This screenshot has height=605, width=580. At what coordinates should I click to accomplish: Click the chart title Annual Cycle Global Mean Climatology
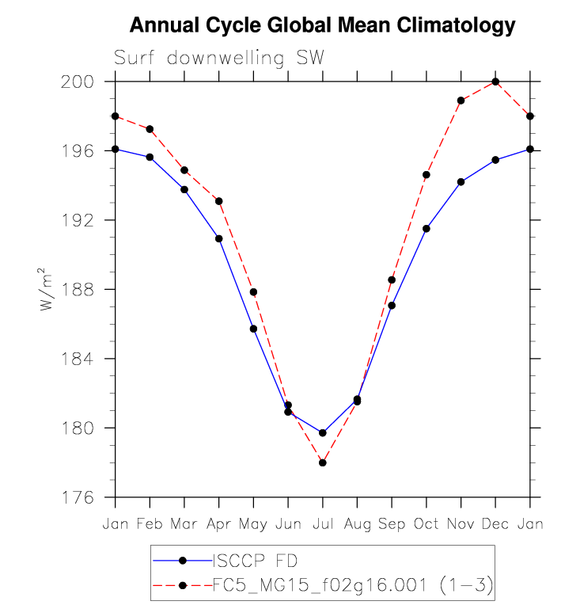[322, 25]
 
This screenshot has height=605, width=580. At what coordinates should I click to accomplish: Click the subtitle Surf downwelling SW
[219, 58]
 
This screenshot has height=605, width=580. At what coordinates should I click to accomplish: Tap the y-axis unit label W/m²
[48, 290]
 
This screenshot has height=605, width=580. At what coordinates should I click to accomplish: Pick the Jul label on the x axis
[323, 524]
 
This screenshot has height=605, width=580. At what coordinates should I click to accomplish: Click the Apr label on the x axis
[219, 524]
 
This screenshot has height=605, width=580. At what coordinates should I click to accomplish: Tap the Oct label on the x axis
[426, 524]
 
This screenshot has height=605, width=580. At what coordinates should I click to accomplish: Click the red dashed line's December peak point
[495, 82]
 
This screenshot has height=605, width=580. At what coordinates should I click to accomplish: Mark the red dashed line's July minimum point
[323, 462]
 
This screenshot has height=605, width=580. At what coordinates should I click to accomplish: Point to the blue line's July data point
[323, 432]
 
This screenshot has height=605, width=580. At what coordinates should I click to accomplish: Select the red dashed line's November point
[461, 101]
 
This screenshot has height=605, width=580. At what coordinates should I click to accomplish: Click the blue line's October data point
[426, 229]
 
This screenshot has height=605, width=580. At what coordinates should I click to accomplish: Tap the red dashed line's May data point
[254, 292]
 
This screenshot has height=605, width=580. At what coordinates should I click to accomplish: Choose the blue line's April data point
[219, 238]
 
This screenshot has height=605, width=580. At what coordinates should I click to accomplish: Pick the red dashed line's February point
[150, 129]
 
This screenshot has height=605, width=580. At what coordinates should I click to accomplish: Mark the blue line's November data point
[461, 182]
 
